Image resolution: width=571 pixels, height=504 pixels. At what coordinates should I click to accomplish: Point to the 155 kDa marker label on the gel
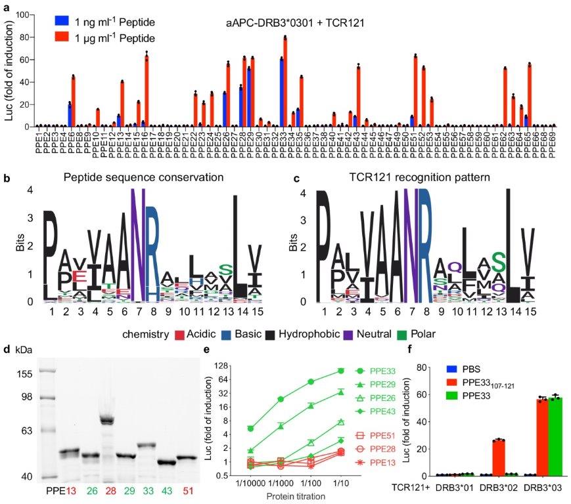coord(23,373)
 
